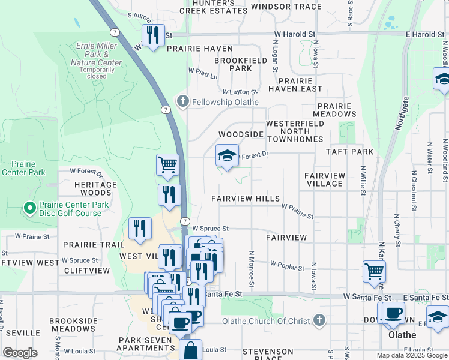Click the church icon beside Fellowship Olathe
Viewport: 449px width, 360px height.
[182, 101]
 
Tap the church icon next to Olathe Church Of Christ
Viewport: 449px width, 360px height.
[319, 320]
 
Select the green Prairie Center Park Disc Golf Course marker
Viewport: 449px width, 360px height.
[29, 208]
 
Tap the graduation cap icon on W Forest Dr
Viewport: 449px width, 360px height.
[227, 156]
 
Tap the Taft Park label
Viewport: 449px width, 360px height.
[349, 152]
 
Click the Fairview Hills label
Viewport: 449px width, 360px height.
[246, 199]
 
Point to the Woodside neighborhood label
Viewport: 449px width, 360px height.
[241, 134]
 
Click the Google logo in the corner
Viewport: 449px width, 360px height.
[20, 352]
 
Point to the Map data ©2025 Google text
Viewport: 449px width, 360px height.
[411, 355]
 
